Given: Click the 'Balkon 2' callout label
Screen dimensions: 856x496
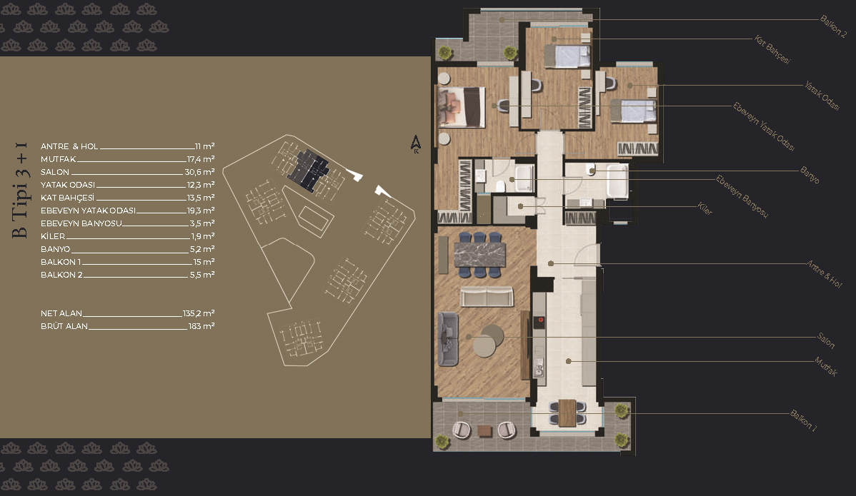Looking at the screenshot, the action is [833, 26].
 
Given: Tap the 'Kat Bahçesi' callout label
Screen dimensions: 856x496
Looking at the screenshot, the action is [772, 50].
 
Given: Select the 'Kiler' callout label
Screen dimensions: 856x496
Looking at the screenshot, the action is [705, 208].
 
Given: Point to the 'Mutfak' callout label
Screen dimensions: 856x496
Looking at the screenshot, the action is [826, 366].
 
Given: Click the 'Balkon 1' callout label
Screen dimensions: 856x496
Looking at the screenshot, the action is [804, 420].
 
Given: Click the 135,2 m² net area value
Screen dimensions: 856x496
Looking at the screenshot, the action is [199, 313].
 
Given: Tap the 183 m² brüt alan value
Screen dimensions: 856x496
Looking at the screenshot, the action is [201, 326].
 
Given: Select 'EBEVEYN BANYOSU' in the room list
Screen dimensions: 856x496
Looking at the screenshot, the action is [81, 223].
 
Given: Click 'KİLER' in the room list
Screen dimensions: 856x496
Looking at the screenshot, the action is [53, 236].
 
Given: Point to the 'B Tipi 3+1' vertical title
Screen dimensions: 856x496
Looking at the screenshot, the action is [20, 190].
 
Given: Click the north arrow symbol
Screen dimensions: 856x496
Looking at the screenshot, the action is [415, 144].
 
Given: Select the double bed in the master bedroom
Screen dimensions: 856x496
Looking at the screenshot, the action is [462, 107].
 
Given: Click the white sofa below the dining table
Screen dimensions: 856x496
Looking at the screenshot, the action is [487, 297].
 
